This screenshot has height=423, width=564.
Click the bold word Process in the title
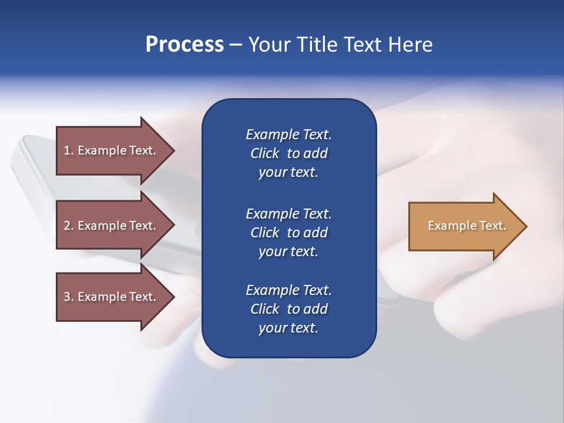184,45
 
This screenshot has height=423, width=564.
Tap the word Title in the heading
319,45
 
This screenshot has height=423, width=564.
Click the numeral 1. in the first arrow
68,150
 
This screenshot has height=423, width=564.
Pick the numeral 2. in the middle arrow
68,226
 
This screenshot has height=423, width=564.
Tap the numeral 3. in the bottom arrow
68,297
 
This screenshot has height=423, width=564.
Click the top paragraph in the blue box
288,153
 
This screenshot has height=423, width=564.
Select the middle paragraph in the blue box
288,233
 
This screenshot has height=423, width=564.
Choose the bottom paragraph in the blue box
288,309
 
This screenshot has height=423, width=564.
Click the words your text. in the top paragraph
288,173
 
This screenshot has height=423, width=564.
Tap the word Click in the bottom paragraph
265,309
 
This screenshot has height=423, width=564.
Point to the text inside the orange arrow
466,226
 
